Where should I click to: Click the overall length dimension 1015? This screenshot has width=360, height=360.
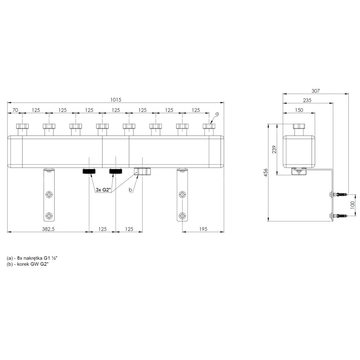click(116, 100)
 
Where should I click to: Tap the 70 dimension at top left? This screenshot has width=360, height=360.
click(15, 110)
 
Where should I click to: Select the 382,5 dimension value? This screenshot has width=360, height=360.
click(48, 229)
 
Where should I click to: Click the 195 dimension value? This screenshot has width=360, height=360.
click(203, 229)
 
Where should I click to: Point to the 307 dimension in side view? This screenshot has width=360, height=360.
click(315, 91)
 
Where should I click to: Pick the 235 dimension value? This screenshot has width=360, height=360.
click(307, 100)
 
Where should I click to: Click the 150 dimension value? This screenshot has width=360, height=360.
click(299, 110)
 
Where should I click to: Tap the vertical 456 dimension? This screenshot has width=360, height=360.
click(266, 172)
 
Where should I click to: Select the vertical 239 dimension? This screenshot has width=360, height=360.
click(274, 149)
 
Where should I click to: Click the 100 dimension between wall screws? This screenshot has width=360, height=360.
click(353, 204)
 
